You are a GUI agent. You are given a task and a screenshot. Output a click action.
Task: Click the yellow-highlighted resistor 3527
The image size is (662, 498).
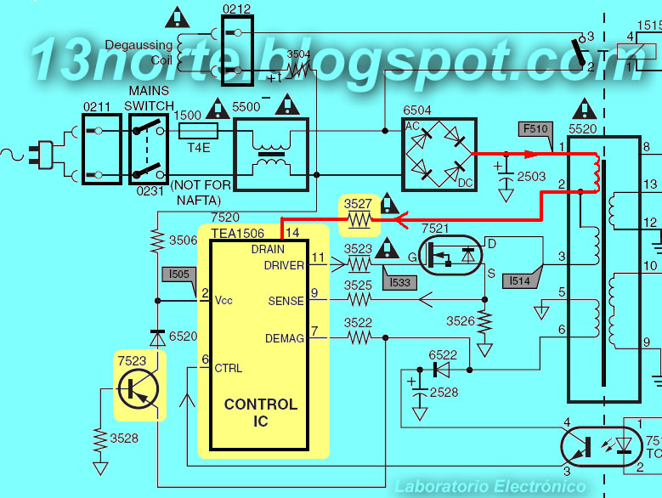[359, 219]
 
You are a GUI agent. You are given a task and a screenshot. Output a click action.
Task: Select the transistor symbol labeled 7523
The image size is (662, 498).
[139, 388]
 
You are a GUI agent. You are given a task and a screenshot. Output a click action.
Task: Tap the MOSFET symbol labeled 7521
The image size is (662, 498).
[450, 255]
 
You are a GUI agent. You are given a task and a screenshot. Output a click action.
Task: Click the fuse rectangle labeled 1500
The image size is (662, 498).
[198, 131]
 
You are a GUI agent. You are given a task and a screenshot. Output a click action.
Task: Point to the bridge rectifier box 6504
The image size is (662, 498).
[439, 155]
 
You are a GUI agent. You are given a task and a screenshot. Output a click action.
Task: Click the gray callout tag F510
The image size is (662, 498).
[535, 129]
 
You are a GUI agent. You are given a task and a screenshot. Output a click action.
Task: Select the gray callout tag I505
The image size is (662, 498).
[179, 274]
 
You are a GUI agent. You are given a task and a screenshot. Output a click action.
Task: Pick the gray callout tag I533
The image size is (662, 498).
[399, 282]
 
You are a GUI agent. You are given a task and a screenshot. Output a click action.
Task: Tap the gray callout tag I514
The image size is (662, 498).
[520, 280]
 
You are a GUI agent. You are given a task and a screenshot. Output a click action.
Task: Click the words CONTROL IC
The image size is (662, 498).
[261, 412]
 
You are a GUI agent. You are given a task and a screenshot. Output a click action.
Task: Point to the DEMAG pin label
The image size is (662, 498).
[284, 338]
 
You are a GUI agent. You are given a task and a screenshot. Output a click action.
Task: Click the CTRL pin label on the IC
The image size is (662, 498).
[229, 369]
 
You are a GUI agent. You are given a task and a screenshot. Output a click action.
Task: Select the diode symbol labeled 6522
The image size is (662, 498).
[442, 371]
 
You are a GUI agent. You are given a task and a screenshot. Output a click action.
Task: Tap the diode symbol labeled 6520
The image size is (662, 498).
[157, 338]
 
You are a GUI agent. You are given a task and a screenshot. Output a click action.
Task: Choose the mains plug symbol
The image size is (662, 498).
[41, 155]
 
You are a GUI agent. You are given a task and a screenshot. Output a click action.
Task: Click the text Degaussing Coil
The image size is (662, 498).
[139, 53]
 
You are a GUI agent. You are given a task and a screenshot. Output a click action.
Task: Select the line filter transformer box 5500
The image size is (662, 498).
[271, 155]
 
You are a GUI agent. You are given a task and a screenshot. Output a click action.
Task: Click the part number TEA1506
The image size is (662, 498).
[238, 234]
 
